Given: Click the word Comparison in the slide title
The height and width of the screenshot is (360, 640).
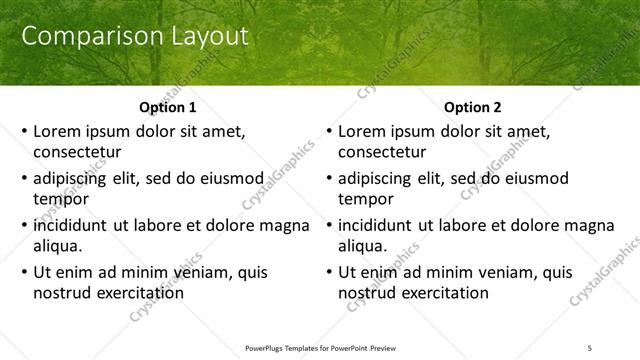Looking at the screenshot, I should click(84, 38).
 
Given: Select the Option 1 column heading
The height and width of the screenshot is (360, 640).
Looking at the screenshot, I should click(166, 107).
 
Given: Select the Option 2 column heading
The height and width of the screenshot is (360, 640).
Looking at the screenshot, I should click(472, 107).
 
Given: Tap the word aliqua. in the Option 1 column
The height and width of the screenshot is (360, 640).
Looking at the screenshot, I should click(57, 246).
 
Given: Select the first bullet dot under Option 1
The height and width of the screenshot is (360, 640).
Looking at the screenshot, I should click(24, 132).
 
